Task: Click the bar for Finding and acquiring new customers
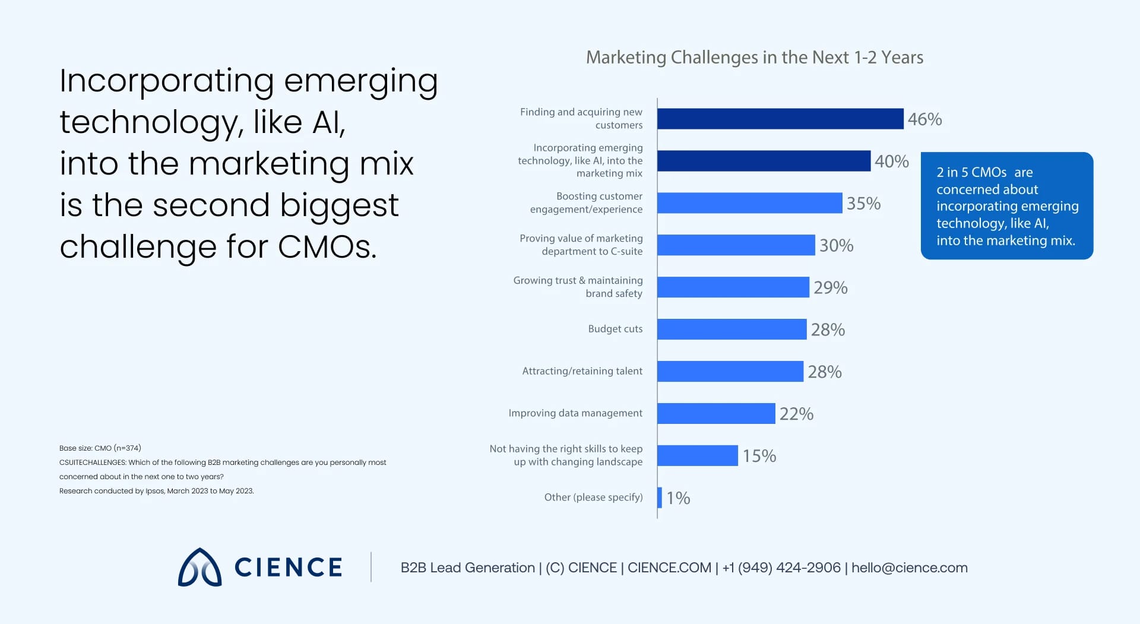pyautogui.click(x=780, y=119)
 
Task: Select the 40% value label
pyautogui.click(x=891, y=161)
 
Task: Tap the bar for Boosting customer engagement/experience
pyautogui.click(x=749, y=203)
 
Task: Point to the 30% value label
pyautogui.click(x=836, y=245)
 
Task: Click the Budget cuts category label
pyautogui.click(x=615, y=329)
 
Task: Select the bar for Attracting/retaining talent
pyautogui.click(x=730, y=371)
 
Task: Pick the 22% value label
pyautogui.click(x=796, y=414)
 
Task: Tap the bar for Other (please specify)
pyautogui.click(x=660, y=498)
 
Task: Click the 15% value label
pyautogui.click(x=759, y=456)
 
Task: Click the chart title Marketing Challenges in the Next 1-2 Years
pyautogui.click(x=754, y=57)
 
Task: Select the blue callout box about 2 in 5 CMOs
pyautogui.click(x=1006, y=205)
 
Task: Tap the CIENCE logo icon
pyautogui.click(x=199, y=568)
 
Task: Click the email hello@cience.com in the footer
pyautogui.click(x=909, y=568)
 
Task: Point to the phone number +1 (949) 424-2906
pyautogui.click(x=781, y=568)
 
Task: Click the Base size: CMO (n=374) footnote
pyautogui.click(x=100, y=448)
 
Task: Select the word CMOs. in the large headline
pyautogui.click(x=327, y=247)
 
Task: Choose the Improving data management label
pyautogui.click(x=575, y=413)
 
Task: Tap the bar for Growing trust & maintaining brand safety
pyautogui.click(x=733, y=287)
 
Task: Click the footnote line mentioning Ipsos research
pyautogui.click(x=156, y=491)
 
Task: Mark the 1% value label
pyautogui.click(x=678, y=498)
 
